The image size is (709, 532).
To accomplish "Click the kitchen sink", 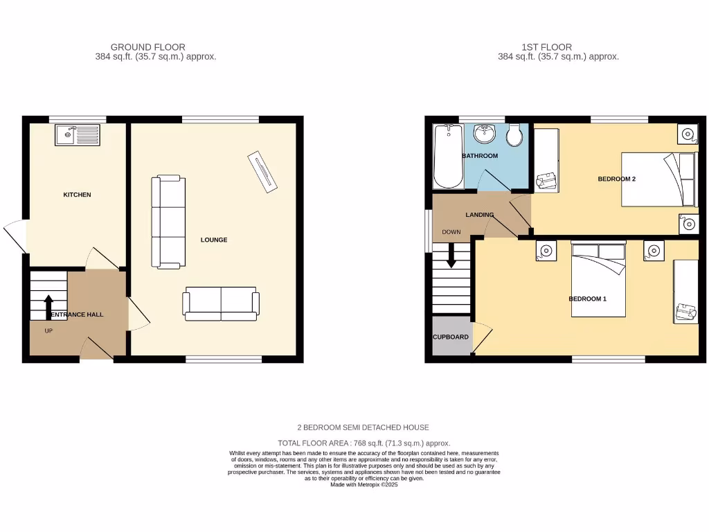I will click(78, 135).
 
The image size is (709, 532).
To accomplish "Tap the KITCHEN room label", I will click(77, 195).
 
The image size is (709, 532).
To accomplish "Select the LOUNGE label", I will click(214, 240).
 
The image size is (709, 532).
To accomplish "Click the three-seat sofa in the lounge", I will click(168, 222).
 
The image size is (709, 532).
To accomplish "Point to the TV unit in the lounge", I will click(262, 170).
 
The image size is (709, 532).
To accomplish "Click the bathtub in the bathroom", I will click(447, 157).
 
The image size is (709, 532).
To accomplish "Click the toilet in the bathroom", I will click(514, 135).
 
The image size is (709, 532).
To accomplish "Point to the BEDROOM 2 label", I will click(616, 179).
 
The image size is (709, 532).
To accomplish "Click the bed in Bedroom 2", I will click(658, 179).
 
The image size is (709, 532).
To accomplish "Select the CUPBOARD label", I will click(451, 337).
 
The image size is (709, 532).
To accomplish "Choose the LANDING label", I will click(479, 215).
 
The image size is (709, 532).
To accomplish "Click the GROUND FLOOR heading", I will click(148, 47).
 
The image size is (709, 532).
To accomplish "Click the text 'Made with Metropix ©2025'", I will click(364, 485).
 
